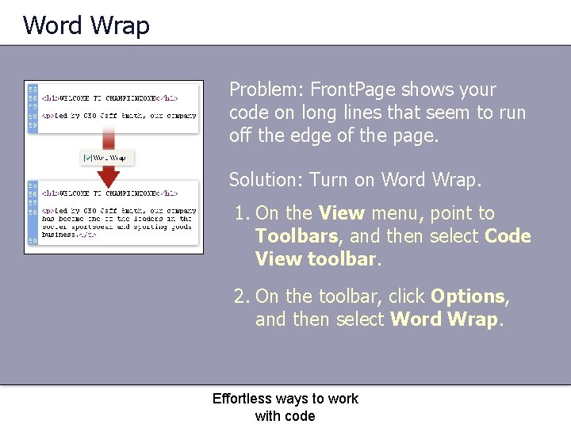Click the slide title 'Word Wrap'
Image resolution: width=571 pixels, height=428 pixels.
point(86,25)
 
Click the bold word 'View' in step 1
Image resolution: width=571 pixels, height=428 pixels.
point(342,213)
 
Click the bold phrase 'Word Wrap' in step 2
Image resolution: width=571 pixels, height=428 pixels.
point(444,319)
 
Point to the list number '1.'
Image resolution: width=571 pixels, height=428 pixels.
point(243,213)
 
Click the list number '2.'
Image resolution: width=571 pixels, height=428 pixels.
point(243,296)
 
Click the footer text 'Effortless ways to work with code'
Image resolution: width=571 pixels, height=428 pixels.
point(285,407)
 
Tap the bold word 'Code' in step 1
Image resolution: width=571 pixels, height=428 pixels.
point(508,236)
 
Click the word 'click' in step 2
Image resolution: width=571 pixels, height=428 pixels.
point(407,296)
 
